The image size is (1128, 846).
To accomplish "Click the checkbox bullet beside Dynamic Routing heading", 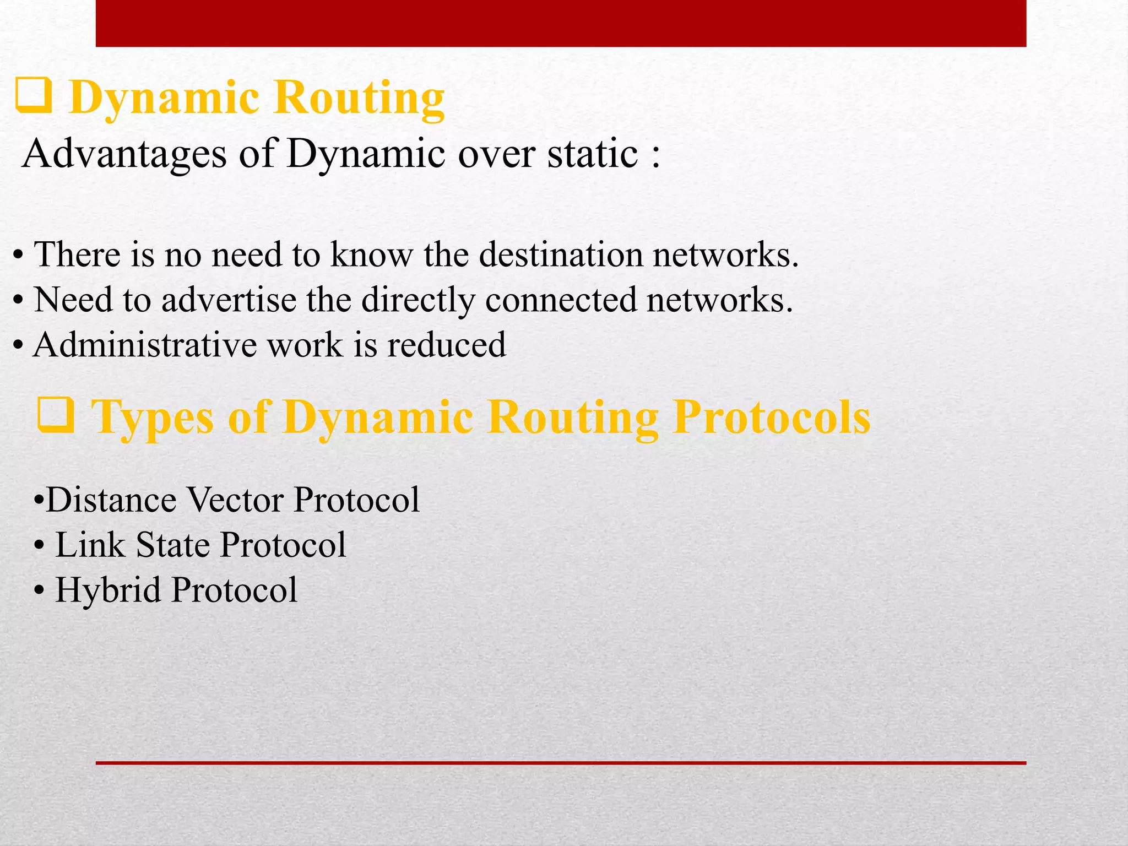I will tap(34, 96).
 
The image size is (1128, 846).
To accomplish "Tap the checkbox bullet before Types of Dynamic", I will tap(56, 415).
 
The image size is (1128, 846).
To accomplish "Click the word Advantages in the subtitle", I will tap(124, 154).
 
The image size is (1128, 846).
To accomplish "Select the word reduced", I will tap(446, 345).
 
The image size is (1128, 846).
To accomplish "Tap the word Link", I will tap(90, 545).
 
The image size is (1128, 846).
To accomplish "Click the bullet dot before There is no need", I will tap(18, 257).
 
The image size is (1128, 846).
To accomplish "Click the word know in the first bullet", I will tap(371, 255).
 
